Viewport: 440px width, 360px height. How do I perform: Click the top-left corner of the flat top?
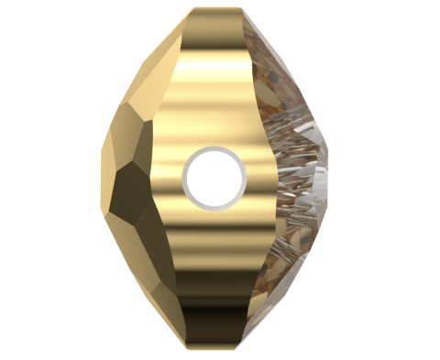pyautogui.click(x=194, y=12)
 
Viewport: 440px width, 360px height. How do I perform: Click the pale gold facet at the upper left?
pyautogui.click(x=147, y=73)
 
